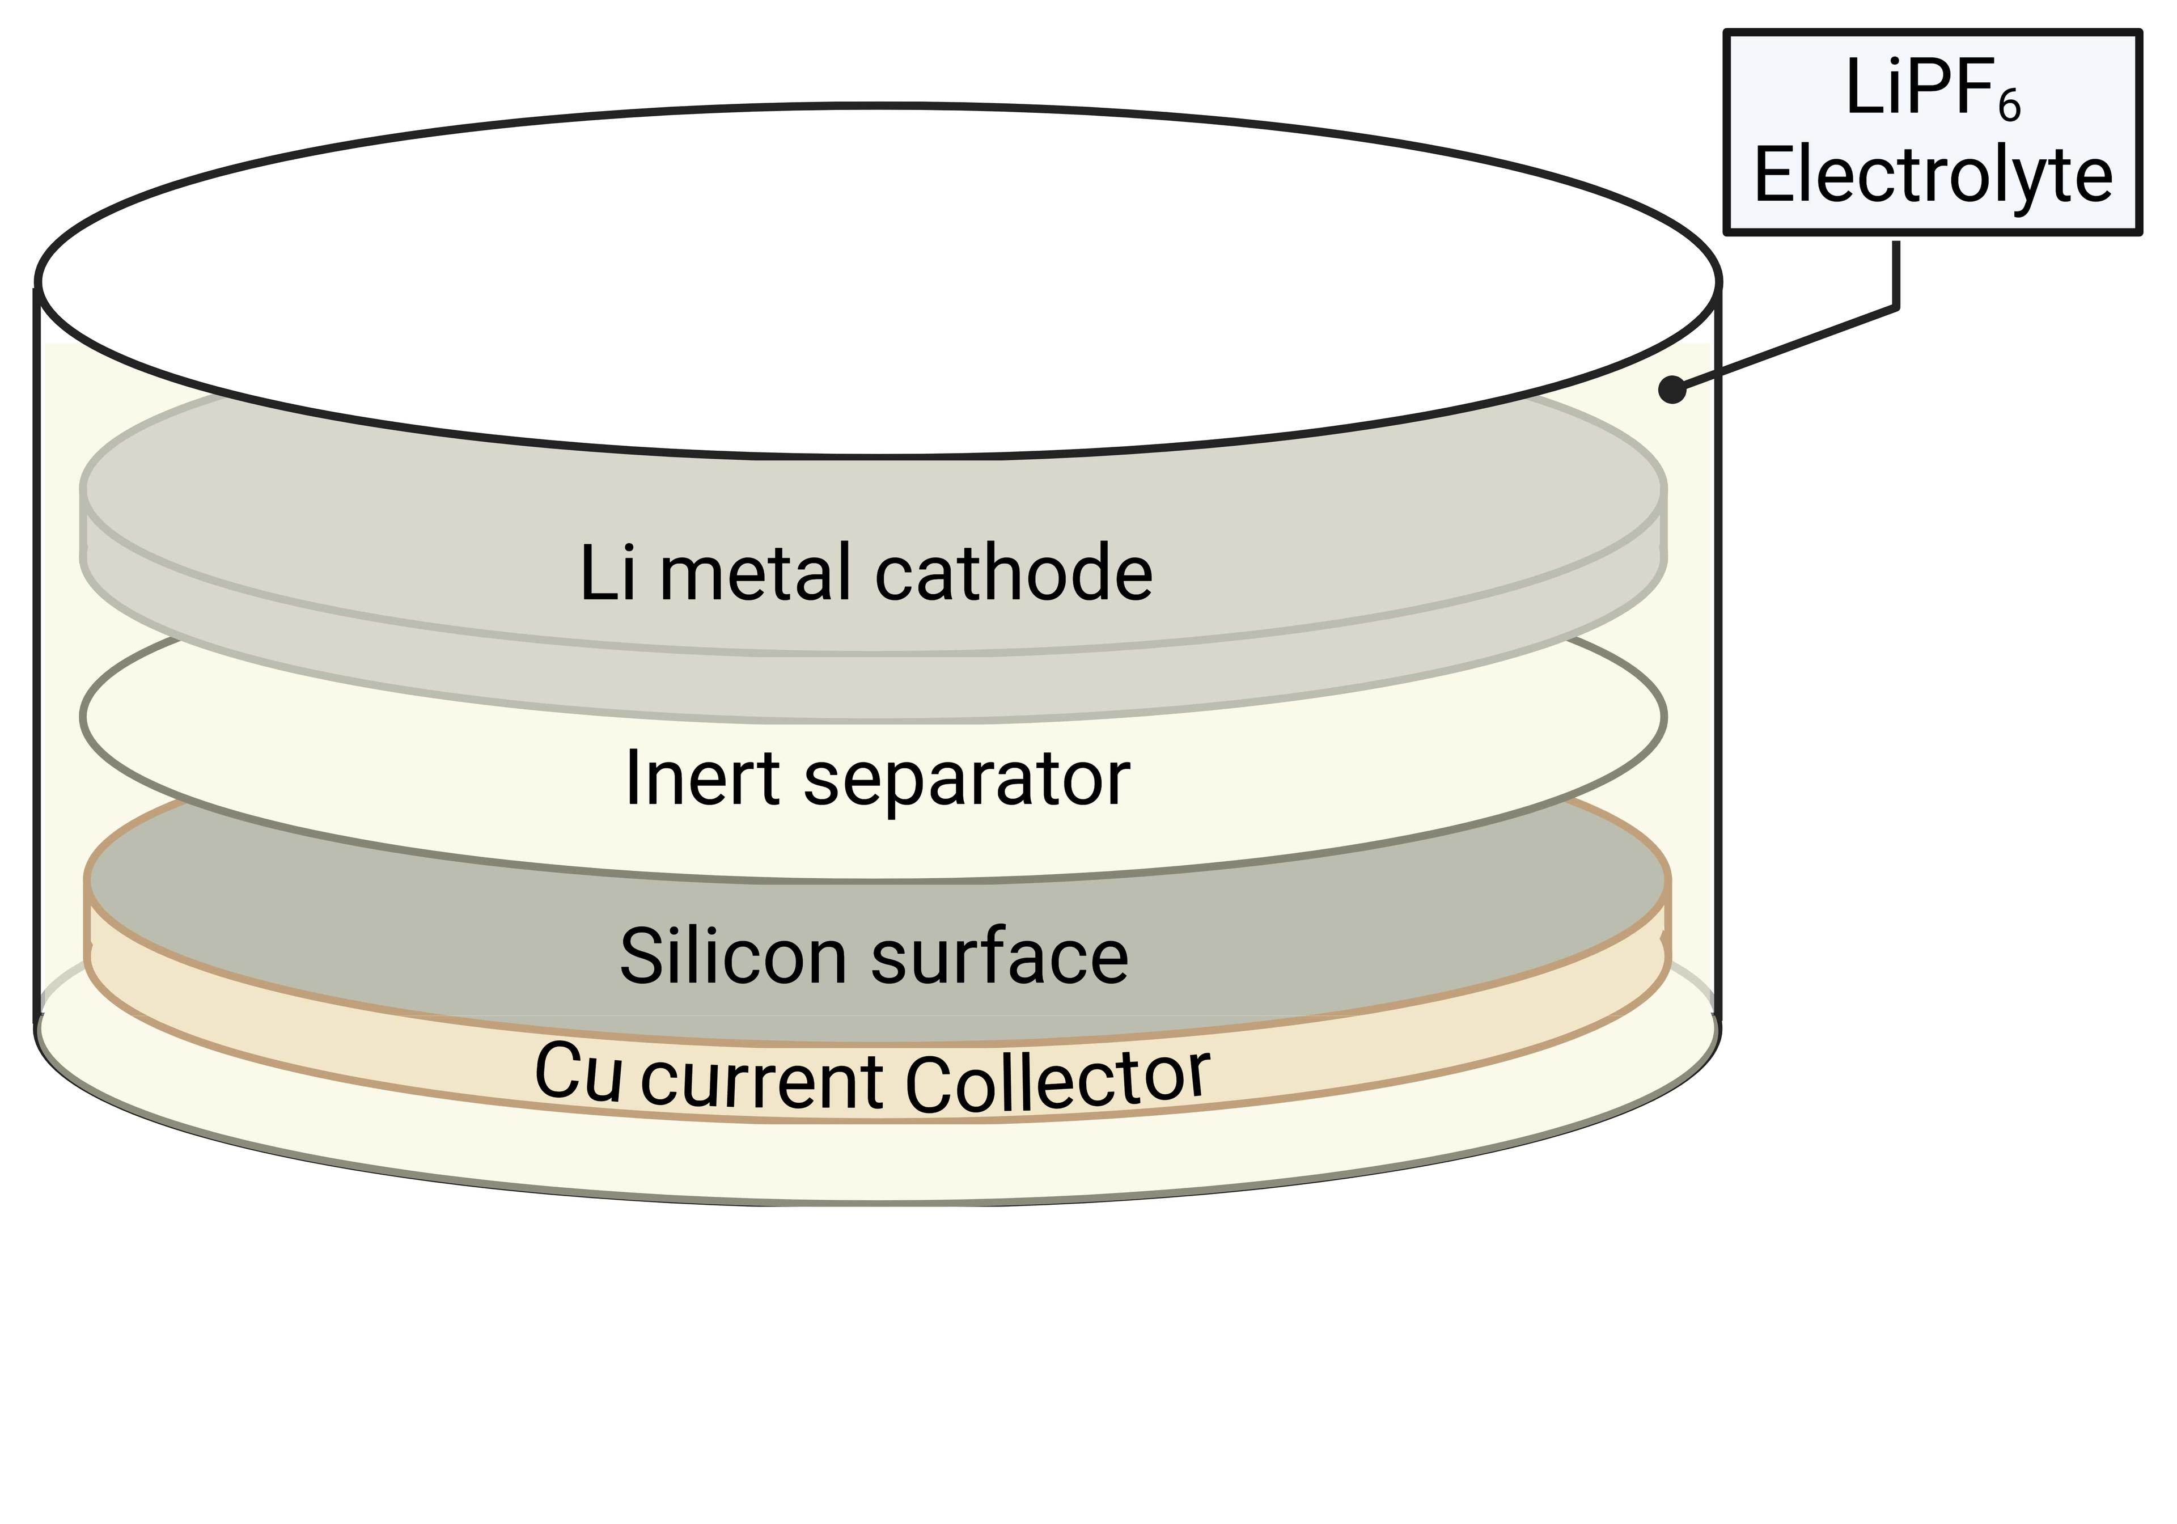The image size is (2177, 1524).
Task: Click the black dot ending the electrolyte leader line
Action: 1672,389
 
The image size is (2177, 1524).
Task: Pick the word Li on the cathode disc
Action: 606,574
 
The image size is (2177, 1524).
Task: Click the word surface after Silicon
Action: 1000,958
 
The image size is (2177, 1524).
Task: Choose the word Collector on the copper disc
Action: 1057,1081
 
